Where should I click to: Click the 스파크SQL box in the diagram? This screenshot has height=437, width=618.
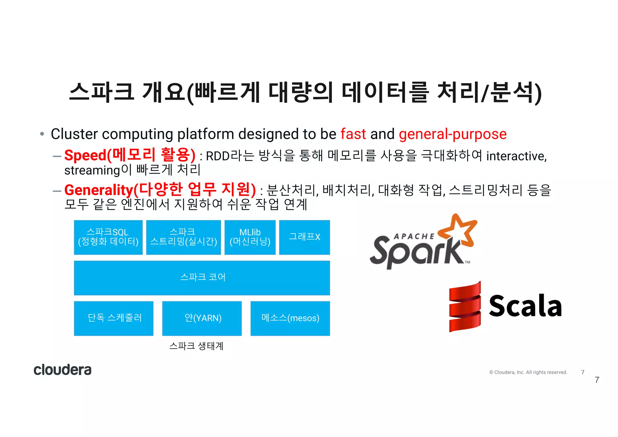click(x=108, y=237)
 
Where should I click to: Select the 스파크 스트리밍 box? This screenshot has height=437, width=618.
click(x=183, y=237)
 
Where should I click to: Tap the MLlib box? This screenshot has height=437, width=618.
click(x=250, y=237)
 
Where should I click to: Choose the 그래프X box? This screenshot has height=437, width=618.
click(x=304, y=237)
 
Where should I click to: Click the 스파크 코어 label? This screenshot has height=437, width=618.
click(x=202, y=277)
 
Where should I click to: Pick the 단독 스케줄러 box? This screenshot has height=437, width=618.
click(x=114, y=318)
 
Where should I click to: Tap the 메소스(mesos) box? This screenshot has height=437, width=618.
click(x=290, y=318)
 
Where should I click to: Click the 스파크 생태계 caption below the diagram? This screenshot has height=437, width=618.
click(x=196, y=346)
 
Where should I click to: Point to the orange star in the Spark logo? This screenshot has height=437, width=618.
click(x=458, y=230)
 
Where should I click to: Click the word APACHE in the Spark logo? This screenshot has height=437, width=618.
click(x=414, y=236)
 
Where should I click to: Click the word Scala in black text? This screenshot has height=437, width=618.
click(x=525, y=306)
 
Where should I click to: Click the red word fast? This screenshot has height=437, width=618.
click(x=353, y=134)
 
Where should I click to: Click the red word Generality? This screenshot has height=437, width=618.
click(x=99, y=190)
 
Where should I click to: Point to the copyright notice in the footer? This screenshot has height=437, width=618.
click(x=528, y=372)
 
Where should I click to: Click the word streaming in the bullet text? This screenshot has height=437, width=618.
click(x=92, y=171)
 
